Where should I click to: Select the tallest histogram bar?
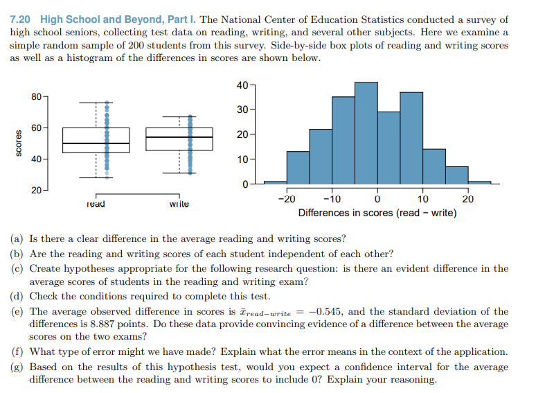[x=366, y=132]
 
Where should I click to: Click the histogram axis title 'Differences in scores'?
[x=377, y=213]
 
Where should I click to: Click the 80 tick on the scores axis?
[x=36, y=96]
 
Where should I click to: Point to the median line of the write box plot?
[x=179, y=137]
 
